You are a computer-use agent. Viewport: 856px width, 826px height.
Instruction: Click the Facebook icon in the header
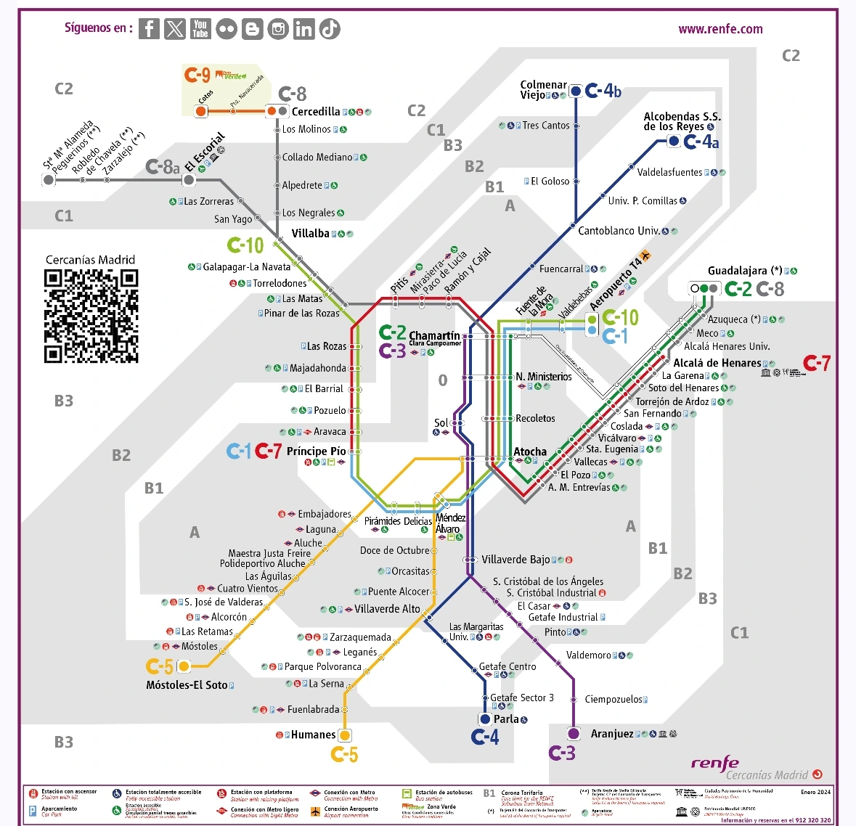(149, 29)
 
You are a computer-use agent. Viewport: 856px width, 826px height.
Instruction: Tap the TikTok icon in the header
(330, 29)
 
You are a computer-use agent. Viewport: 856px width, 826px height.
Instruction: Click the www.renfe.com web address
(720, 29)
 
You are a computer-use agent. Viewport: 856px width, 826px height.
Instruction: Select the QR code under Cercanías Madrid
(91, 316)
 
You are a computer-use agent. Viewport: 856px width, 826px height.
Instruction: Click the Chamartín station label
(434, 335)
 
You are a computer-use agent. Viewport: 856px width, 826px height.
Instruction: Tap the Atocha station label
(530, 451)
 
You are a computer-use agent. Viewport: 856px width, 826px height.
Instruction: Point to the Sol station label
(441, 422)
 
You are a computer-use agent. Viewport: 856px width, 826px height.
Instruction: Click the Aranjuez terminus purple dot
(574, 733)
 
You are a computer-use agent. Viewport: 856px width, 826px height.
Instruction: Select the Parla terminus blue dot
(485, 719)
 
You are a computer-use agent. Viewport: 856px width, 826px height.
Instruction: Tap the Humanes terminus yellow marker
(345, 735)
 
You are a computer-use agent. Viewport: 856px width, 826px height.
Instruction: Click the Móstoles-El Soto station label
(187, 684)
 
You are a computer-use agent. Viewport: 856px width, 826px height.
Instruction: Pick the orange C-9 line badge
(197, 75)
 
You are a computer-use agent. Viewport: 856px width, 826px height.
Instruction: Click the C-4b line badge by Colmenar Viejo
(603, 91)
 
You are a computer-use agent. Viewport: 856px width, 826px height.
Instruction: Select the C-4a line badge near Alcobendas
(701, 142)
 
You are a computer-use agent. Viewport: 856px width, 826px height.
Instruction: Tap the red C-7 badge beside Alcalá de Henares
(817, 363)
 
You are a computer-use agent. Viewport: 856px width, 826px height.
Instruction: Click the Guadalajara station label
(745, 271)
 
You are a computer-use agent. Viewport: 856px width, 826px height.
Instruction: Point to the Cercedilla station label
(316, 111)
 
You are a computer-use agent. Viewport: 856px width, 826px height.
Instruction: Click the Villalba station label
(311, 233)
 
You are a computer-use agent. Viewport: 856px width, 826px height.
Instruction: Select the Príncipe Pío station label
(317, 451)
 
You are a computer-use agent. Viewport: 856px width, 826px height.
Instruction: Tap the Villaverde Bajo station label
(515, 560)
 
